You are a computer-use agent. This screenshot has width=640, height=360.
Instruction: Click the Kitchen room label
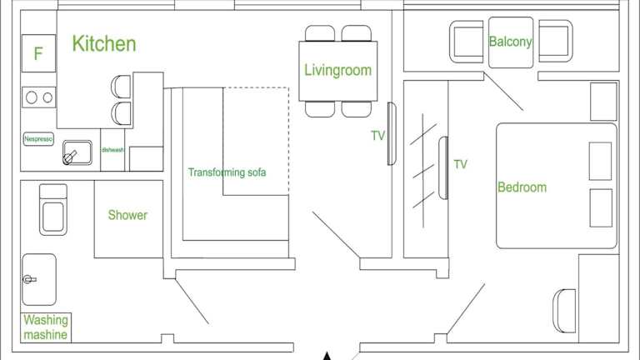click(x=104, y=43)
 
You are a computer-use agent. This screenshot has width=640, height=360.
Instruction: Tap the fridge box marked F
click(x=38, y=53)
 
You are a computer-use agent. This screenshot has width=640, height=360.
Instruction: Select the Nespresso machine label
click(x=38, y=139)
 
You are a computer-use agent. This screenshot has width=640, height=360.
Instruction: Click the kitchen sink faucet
click(x=70, y=157)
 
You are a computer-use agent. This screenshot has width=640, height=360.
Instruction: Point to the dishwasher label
click(x=112, y=150)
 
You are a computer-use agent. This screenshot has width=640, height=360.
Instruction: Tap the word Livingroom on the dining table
click(x=338, y=70)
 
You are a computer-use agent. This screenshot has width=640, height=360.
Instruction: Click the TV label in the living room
click(x=377, y=136)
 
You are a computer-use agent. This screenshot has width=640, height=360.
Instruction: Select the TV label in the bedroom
click(x=460, y=164)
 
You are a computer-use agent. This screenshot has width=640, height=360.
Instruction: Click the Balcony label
click(x=510, y=42)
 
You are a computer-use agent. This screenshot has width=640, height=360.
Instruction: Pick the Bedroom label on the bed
click(x=522, y=187)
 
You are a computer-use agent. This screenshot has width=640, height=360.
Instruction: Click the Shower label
click(x=127, y=215)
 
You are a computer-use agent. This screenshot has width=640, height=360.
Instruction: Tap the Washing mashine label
click(x=46, y=327)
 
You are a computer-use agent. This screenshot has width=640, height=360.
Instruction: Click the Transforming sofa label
click(x=227, y=172)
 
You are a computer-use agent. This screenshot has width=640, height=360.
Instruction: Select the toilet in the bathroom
click(x=53, y=209)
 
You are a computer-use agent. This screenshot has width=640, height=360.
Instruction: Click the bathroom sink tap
click(x=29, y=280)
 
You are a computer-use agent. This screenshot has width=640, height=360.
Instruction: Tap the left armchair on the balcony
click(x=466, y=42)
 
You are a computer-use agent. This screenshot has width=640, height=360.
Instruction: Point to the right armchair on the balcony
click(x=556, y=41)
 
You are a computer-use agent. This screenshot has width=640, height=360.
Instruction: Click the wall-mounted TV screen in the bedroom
click(x=443, y=168)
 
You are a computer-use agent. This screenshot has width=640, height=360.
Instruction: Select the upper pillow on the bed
click(x=600, y=161)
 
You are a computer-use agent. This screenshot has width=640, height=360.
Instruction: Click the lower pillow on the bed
click(x=601, y=207)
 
